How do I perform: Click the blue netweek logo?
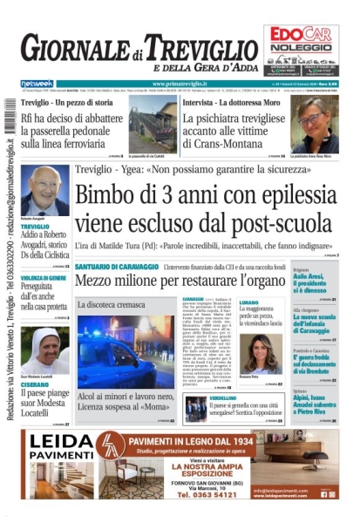[36, 84]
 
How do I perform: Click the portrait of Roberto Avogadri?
[44, 188]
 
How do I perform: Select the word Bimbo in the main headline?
[112, 196]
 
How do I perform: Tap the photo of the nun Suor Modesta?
[44, 347]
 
